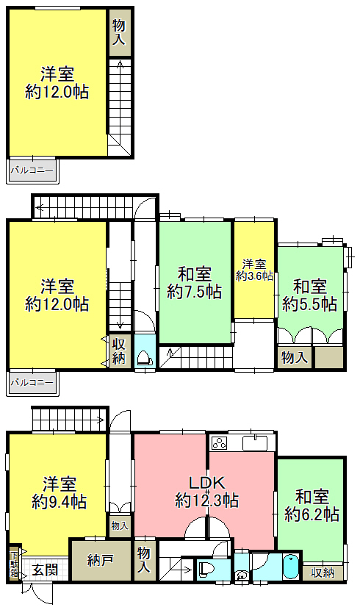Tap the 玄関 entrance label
coord(45,570)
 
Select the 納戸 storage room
coord(101,560)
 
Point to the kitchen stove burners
coord(220,443)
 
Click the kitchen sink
coord(255,443)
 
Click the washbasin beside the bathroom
coord(242,575)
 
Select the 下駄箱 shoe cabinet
coord(15,563)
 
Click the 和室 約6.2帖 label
coord(312,506)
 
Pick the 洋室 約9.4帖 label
coord(59,492)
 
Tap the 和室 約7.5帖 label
coord(195,282)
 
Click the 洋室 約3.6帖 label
coord(254,270)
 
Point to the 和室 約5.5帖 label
coord(309,295)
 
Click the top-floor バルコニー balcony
coord(32,170)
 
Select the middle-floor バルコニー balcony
coord(32,382)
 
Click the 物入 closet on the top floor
coord(119,32)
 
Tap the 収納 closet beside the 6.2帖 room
coord(323,573)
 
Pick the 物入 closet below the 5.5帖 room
coord(295,357)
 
